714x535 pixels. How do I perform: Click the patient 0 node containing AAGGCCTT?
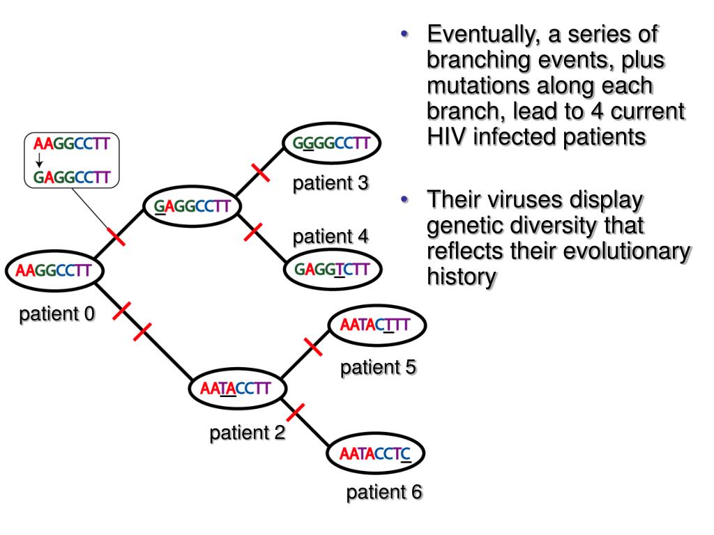54,270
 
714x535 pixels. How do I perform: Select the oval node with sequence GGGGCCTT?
331,143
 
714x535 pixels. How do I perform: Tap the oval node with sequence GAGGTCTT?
333,269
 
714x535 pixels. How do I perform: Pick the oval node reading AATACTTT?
377,325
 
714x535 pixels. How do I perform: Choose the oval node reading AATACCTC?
376,453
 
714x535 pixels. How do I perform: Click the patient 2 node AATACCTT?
237,389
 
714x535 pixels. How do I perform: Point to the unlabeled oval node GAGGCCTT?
192,206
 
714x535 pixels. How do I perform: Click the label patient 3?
330,183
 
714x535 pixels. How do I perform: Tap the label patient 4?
330,237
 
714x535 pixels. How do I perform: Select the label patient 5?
378,367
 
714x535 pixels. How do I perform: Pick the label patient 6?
384,492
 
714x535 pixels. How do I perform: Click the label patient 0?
56,314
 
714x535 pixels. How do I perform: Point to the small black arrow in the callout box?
39,160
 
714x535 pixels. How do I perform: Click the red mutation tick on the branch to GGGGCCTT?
261,172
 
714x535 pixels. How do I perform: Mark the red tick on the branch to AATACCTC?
296,412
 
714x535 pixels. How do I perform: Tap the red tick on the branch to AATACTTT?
313,347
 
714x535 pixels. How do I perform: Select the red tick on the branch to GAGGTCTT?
253,232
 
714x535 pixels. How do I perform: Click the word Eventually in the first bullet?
484,35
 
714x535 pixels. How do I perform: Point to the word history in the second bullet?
462,277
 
